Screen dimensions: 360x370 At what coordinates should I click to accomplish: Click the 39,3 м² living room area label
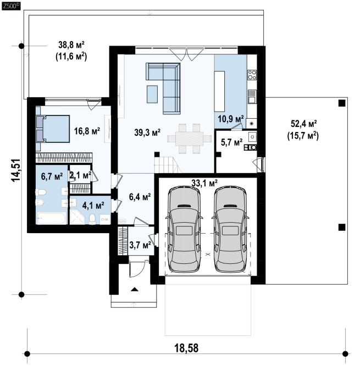pos(147,132)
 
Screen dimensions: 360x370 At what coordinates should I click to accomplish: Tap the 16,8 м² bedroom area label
pos(87,131)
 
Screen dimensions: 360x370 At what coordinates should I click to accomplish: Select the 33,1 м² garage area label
pos(204,183)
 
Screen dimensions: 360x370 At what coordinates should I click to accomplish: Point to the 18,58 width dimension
pos(186,348)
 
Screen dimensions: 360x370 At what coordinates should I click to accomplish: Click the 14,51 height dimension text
pos(16,170)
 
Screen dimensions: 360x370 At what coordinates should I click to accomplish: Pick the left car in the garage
pos(184,229)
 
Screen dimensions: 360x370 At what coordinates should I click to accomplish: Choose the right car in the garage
pos(230,229)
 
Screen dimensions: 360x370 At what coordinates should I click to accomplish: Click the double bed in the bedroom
pos(53,129)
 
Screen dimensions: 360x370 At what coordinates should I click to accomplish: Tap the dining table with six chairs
pos(189,139)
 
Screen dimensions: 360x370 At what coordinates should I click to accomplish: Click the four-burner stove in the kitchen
pos(252,75)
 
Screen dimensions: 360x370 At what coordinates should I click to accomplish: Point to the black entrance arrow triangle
pos(134,289)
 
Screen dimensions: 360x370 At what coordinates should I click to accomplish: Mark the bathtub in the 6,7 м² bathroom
pos(52,218)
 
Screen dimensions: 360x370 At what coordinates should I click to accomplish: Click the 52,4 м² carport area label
pos(303,123)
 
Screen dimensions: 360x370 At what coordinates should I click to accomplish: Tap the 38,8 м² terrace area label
pos(71,45)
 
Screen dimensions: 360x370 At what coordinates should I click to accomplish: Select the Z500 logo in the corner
pos(11,7)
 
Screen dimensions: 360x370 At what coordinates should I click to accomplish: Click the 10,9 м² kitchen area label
pos(231,119)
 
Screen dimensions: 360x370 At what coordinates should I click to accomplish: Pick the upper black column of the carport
pos(342,103)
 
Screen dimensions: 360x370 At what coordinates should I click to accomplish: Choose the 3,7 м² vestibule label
pos(140,245)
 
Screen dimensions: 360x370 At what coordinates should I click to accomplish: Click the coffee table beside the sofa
pos(152,94)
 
